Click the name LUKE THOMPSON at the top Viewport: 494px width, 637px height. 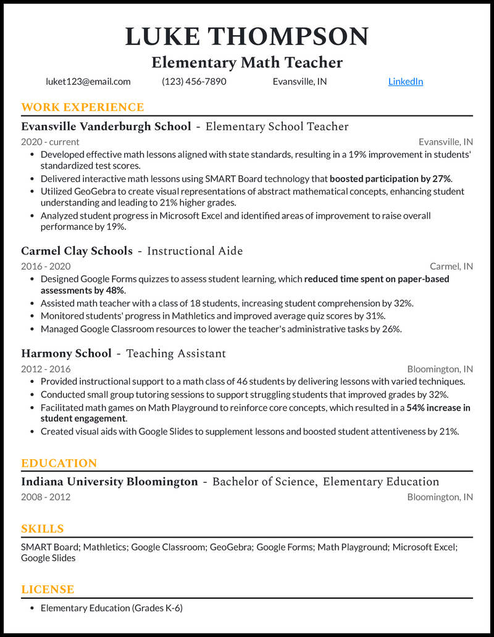(247, 36)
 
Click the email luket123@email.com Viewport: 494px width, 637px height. (88, 81)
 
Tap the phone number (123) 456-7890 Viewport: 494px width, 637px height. (194, 81)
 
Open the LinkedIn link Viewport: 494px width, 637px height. (405, 81)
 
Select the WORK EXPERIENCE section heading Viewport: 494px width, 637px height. (82, 107)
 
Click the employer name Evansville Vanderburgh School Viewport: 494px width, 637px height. (106, 127)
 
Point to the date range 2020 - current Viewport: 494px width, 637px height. (50, 142)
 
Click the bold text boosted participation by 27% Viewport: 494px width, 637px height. (391, 179)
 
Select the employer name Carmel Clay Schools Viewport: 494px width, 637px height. (77, 251)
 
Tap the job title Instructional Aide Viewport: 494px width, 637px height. (195, 251)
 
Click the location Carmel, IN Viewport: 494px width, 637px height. (451, 267)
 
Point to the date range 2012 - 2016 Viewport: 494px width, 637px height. (46, 369)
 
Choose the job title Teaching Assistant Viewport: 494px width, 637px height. (176, 354)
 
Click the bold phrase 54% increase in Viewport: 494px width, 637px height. (438, 407)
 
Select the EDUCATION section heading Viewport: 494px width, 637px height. (59, 464)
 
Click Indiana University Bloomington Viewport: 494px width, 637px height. (109, 482)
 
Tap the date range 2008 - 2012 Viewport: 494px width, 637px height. (46, 497)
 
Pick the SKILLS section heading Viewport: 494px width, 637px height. (42, 529)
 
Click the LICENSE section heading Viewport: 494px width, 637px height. (48, 589)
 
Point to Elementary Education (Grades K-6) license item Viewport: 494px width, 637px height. (111, 608)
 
